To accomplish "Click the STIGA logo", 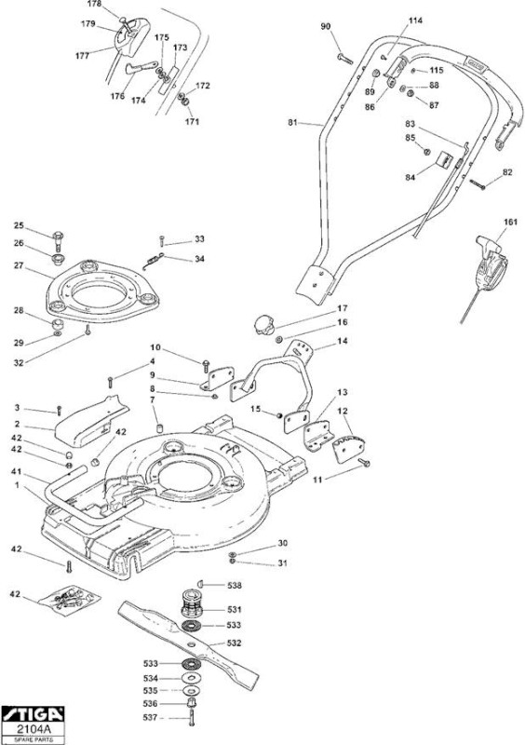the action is click(x=33, y=713).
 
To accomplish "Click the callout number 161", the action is click(x=510, y=222).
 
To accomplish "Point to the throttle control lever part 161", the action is click(x=490, y=267).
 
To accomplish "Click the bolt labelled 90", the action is click(x=345, y=60).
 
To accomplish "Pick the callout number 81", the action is click(x=292, y=122).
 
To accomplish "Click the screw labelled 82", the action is click(x=478, y=184).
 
